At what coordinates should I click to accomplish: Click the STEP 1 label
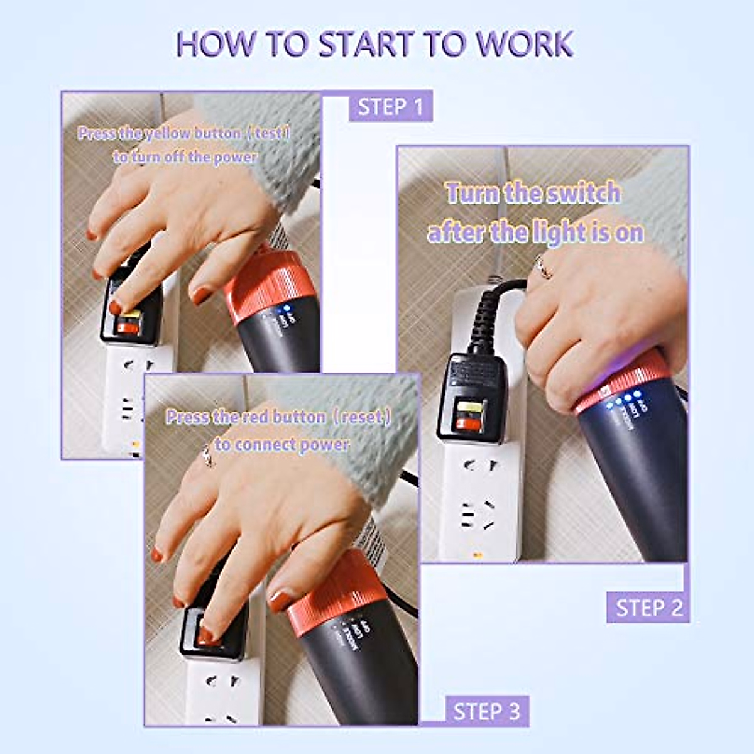[x=390, y=107]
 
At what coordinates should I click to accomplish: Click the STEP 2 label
[x=648, y=608]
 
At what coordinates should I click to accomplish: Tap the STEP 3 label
[x=487, y=711]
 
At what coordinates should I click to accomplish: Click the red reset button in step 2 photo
[x=469, y=424]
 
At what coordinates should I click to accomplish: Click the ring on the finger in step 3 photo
[x=207, y=457]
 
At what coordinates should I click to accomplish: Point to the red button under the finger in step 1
[x=128, y=327]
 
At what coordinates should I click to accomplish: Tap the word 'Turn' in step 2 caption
[x=473, y=194]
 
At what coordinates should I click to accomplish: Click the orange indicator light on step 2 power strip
[x=476, y=554]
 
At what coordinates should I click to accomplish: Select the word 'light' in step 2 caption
[x=557, y=233]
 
